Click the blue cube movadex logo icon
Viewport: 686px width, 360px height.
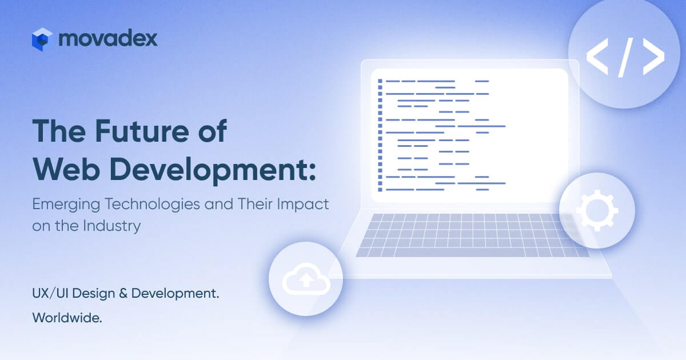coord(42,39)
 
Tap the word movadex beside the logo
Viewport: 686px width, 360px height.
coord(108,39)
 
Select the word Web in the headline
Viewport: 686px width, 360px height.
coord(66,169)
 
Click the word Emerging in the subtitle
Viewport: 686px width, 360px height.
coord(66,205)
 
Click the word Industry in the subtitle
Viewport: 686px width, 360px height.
coord(111,226)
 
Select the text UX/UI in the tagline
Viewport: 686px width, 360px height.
coord(50,293)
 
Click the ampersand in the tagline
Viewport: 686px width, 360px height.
coord(123,293)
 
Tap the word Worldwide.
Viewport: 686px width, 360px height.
coord(67,318)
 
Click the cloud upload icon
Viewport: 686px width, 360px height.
coord(306,279)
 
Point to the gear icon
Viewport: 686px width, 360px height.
coord(597,211)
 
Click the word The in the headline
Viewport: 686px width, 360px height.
coord(59,131)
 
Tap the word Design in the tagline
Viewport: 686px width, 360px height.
coord(93,294)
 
